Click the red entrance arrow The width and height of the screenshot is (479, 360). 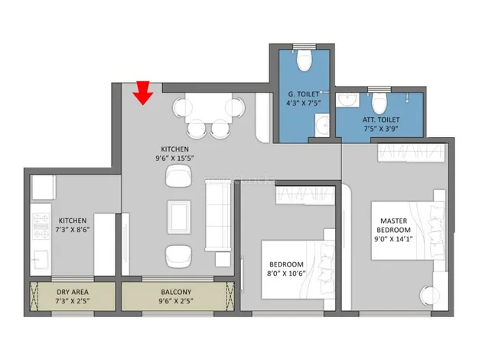(x=142, y=93)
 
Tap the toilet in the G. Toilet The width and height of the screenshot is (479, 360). (x=305, y=60)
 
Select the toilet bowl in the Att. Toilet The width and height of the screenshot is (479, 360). (x=380, y=102)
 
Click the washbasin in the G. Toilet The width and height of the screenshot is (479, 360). (x=322, y=125)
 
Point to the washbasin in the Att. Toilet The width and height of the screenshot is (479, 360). (x=347, y=100)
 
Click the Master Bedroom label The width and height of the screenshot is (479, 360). (x=393, y=225)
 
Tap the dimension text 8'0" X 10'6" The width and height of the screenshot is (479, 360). (x=286, y=273)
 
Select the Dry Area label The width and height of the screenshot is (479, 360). (x=73, y=292)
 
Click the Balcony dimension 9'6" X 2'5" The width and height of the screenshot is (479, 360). (x=176, y=301)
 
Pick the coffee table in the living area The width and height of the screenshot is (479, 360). (x=179, y=217)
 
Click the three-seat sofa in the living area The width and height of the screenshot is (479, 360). (x=218, y=216)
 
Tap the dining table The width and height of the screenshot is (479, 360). (x=208, y=108)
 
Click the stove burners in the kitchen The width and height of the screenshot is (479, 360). (x=41, y=226)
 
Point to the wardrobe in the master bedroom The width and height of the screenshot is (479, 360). (x=411, y=152)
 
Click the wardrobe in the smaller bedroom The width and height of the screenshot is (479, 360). (x=305, y=195)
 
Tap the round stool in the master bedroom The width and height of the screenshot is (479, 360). (x=430, y=295)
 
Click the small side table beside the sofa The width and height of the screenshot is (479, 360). (x=223, y=260)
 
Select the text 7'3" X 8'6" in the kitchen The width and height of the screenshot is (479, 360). (x=73, y=229)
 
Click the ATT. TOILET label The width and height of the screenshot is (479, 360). (x=381, y=119)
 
